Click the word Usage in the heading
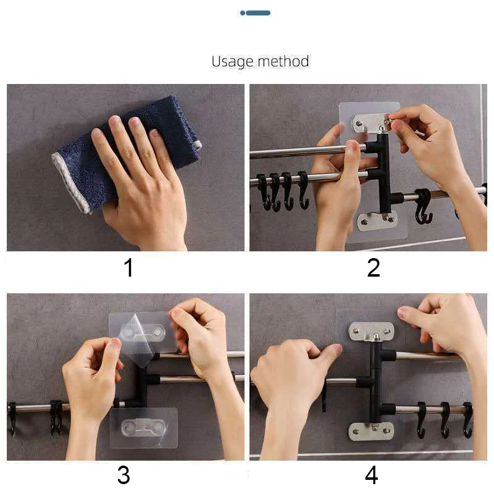point(233,61)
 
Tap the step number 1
point(128,268)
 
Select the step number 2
point(374,268)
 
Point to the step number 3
point(124,475)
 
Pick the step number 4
point(372,475)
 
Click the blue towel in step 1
point(126,154)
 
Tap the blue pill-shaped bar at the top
point(258,13)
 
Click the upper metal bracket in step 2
point(370,124)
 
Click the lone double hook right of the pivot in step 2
point(423,206)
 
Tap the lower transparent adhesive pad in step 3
point(143,427)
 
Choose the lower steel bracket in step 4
point(371,432)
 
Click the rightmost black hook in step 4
point(467,420)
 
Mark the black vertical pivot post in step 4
point(375,381)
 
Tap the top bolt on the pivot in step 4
point(375,338)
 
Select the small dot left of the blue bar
point(242,13)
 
